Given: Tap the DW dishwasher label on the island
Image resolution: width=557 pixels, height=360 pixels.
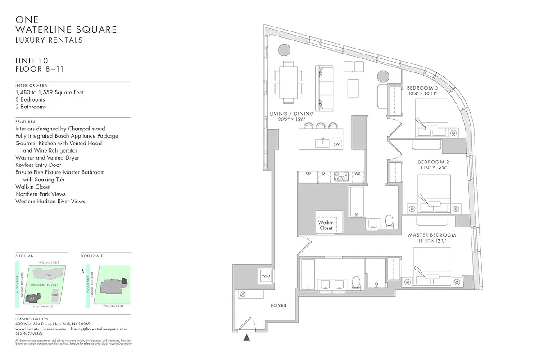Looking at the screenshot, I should pyautogui.click(x=336, y=144).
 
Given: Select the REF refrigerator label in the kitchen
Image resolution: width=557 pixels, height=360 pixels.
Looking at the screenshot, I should pyautogui.click(x=308, y=173).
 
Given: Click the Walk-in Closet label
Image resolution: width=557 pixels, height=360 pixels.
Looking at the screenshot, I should pyautogui.click(x=326, y=225).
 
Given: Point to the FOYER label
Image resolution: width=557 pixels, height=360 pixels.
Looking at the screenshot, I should pyautogui.click(x=279, y=306).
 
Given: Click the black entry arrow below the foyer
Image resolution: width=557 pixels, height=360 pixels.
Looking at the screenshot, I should pyautogui.click(x=246, y=337).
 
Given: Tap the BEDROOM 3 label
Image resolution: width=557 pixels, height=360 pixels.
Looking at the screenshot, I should pyautogui.click(x=422, y=88).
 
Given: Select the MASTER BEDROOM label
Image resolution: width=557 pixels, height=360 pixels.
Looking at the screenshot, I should pyautogui.click(x=431, y=235).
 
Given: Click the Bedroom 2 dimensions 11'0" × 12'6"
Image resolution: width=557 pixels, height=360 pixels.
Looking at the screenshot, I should pyautogui.click(x=433, y=167).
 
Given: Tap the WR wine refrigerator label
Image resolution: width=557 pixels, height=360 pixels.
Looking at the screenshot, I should pyautogui.click(x=357, y=173).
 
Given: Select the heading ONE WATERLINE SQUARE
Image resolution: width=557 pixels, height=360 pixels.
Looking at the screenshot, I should pyautogui.click(x=66, y=25).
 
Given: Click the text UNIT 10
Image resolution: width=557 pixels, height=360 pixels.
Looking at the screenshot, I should pyautogui.click(x=32, y=61).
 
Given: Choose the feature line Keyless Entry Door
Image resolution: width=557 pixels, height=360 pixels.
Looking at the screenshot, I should pyautogui.click(x=38, y=165).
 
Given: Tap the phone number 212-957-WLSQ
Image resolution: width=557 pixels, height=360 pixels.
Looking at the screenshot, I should pyautogui.click(x=28, y=334).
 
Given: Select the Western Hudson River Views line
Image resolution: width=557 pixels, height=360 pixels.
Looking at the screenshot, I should pyautogui.click(x=50, y=201).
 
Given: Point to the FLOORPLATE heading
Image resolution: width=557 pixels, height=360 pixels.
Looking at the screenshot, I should pyautogui.click(x=91, y=256).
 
